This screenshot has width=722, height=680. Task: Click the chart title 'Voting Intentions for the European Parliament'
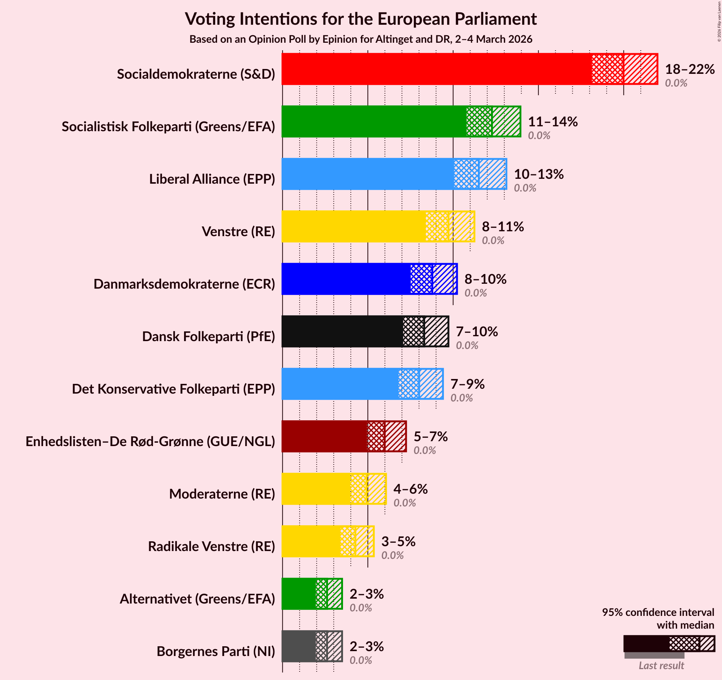click(x=361, y=19)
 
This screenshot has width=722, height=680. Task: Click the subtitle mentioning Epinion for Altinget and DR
click(x=361, y=39)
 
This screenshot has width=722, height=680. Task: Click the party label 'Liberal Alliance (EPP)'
click(x=212, y=179)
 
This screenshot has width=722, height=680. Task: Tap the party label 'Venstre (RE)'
click(x=238, y=232)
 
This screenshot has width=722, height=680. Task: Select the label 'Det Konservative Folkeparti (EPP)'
click(x=173, y=389)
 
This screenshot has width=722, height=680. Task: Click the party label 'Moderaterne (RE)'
click(x=222, y=494)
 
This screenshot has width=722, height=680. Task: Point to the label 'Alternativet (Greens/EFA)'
click(x=197, y=599)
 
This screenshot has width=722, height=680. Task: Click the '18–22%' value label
click(x=690, y=69)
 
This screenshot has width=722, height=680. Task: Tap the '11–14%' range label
click(x=553, y=122)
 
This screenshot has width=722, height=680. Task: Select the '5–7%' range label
click(x=431, y=437)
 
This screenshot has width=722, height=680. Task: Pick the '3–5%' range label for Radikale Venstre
click(x=398, y=542)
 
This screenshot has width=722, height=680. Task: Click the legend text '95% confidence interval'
click(x=658, y=612)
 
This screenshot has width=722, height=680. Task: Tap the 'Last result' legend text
click(x=661, y=665)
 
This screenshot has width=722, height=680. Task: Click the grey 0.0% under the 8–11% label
click(x=493, y=241)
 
